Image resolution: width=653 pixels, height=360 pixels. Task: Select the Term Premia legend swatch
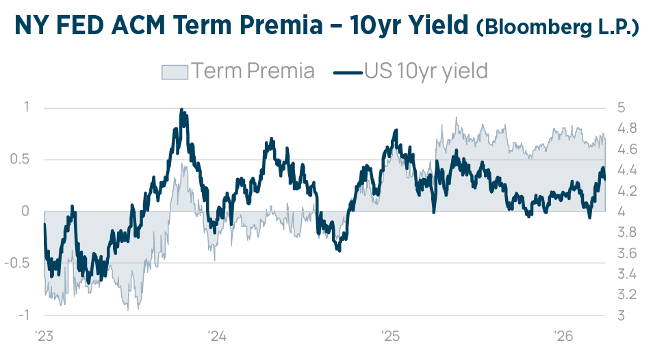click(x=174, y=71)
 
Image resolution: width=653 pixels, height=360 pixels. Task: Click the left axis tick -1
click(x=23, y=316)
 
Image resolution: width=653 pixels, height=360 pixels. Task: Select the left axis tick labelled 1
click(x=26, y=107)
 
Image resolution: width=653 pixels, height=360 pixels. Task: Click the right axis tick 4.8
click(x=627, y=128)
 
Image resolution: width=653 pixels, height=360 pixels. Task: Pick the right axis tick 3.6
click(x=627, y=253)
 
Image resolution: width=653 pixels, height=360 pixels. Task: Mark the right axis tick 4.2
click(x=627, y=191)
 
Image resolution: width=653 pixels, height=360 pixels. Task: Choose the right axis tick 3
click(x=620, y=316)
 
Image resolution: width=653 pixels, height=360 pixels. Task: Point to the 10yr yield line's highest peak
click(x=181, y=110)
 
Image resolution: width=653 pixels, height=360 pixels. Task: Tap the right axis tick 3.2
click(x=627, y=295)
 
